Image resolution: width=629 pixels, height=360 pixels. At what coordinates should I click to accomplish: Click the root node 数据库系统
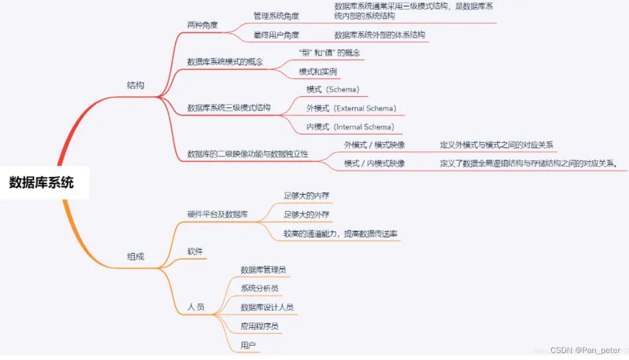click(42, 183)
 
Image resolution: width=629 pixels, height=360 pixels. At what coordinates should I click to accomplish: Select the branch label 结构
click(136, 85)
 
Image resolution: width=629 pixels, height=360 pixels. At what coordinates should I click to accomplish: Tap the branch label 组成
click(136, 257)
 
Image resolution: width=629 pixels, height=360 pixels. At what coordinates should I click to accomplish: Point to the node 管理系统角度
click(276, 16)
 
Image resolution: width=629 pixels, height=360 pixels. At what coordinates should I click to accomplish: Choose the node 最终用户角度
click(276, 35)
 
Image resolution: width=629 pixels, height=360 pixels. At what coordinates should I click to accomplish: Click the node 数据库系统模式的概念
click(225, 61)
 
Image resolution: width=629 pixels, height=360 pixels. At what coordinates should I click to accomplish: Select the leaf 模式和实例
click(318, 72)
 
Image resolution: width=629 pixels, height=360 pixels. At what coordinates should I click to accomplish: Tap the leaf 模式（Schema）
click(333, 89)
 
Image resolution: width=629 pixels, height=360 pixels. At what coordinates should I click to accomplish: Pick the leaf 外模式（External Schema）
click(351, 108)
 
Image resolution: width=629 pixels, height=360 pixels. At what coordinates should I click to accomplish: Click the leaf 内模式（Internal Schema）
click(350, 127)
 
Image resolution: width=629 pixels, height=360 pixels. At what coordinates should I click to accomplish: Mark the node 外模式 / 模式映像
click(375, 145)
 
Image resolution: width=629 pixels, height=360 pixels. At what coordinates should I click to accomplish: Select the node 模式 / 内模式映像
click(375, 163)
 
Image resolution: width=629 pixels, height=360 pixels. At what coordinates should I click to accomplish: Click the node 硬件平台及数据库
click(218, 214)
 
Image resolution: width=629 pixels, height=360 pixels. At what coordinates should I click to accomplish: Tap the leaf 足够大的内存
click(306, 196)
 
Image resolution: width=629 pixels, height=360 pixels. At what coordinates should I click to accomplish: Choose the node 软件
click(195, 252)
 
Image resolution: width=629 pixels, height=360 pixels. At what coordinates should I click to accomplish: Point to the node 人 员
click(196, 307)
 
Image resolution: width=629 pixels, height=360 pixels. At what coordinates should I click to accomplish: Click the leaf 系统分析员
click(260, 288)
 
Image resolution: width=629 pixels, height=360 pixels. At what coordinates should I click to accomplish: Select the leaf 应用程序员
click(260, 327)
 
